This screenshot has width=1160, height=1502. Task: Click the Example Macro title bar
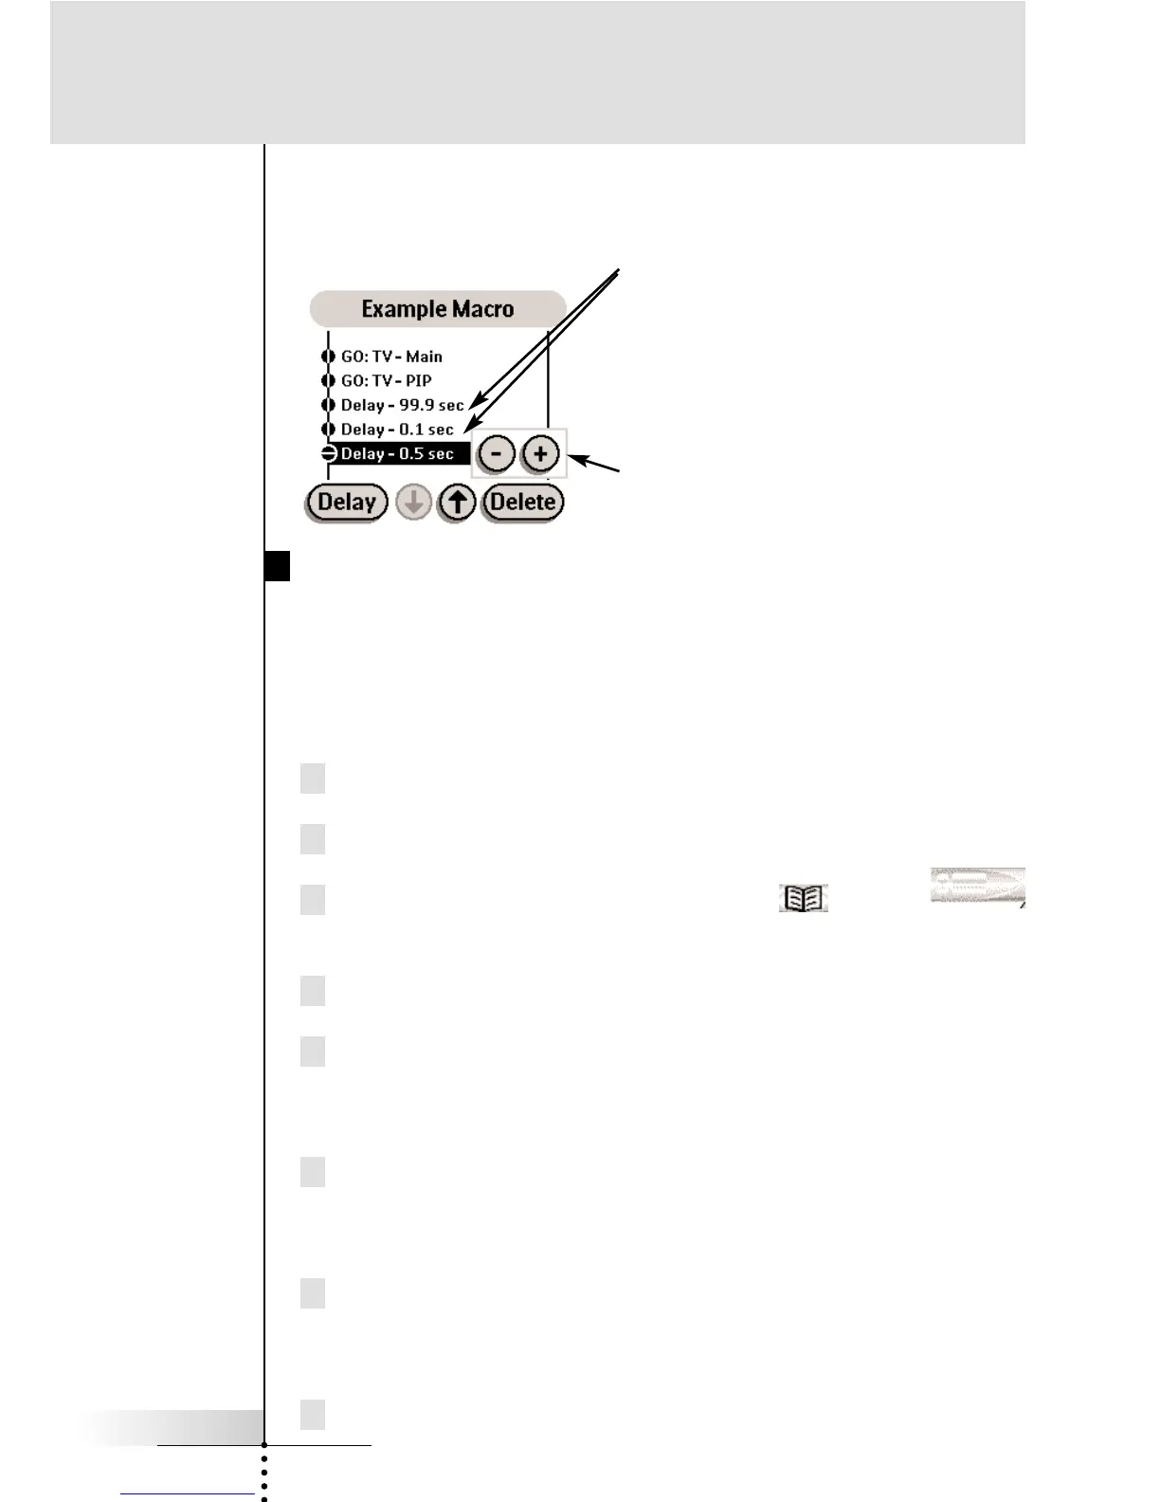coord(437,309)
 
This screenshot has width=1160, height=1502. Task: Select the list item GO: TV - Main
coord(391,357)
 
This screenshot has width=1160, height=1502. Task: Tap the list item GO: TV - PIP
coord(386,380)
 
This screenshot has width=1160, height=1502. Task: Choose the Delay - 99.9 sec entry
coord(402,405)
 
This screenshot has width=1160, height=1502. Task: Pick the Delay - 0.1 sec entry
coord(397,430)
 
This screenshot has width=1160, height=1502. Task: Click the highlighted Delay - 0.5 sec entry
coord(398,453)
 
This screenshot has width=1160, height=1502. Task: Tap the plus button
coord(540,454)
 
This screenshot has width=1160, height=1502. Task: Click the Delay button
coord(347,502)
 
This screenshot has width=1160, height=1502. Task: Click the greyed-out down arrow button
coord(413,503)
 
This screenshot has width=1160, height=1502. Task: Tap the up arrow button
coord(458,503)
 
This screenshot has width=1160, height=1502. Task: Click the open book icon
coord(804,898)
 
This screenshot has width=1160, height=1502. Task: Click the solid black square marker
coord(278,566)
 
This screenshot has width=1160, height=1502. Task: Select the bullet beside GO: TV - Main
coord(328,357)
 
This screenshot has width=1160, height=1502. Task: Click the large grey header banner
coord(537,72)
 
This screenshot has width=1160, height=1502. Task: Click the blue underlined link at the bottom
coord(188,1493)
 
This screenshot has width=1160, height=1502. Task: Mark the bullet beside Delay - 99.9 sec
coord(328,405)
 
